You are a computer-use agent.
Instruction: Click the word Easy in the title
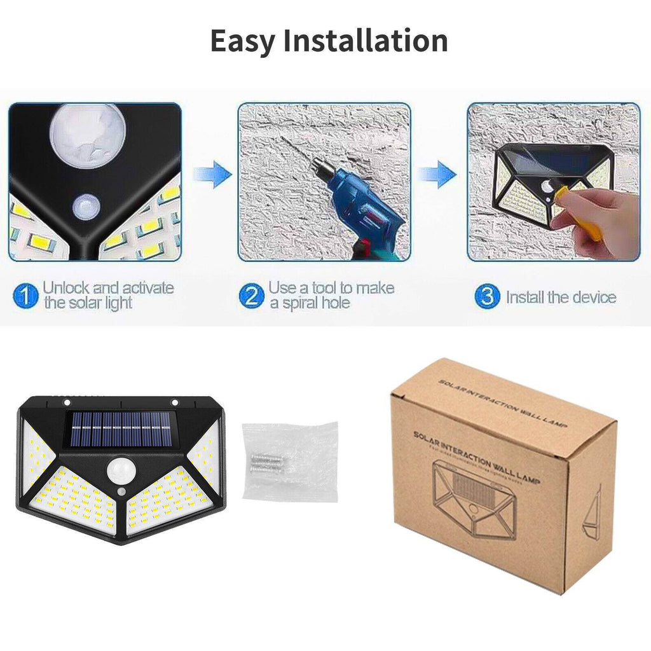(x=242, y=41)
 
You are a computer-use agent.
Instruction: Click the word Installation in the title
(x=365, y=41)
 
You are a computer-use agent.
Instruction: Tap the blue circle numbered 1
(x=26, y=296)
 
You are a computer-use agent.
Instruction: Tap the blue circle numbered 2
(x=252, y=296)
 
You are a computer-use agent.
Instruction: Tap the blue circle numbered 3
(x=487, y=297)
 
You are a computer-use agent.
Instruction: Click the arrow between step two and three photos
(x=438, y=174)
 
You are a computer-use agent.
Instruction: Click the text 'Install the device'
(x=561, y=297)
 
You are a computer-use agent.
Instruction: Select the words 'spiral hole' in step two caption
(x=310, y=303)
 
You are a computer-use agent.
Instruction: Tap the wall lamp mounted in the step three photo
(x=534, y=181)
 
